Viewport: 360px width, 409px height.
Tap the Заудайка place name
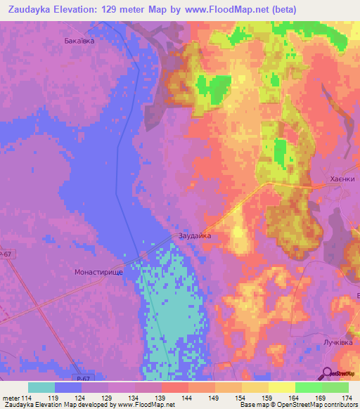click(x=195, y=236)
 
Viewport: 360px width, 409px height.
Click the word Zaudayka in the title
click(x=29, y=10)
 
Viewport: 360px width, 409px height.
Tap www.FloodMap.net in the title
click(x=223, y=10)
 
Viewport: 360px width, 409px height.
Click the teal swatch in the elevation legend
click(x=41, y=387)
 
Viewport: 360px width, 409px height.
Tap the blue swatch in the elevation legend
click(x=68, y=387)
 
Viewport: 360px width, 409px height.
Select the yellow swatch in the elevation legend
click(x=282, y=387)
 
